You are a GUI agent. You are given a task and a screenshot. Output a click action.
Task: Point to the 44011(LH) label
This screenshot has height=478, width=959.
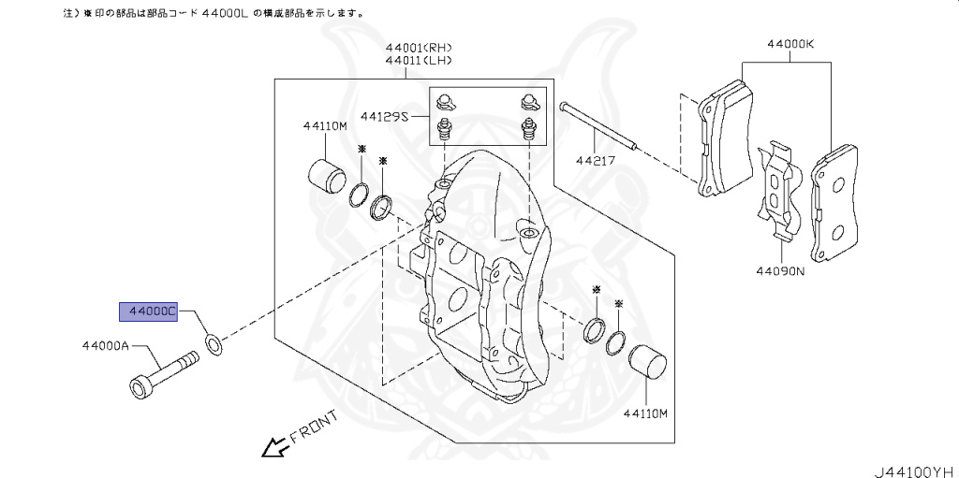coord(418,60)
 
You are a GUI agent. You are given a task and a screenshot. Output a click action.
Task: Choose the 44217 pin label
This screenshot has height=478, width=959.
coord(596,160)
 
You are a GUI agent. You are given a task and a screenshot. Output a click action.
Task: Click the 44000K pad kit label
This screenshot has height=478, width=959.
coord(790,43)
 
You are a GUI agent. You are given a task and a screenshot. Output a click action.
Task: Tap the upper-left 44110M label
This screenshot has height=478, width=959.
coord(324,124)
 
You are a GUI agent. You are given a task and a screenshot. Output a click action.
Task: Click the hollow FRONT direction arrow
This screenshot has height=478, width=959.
coord(273,448)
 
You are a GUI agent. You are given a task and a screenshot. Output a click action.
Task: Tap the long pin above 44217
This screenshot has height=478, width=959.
coord(599,125)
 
